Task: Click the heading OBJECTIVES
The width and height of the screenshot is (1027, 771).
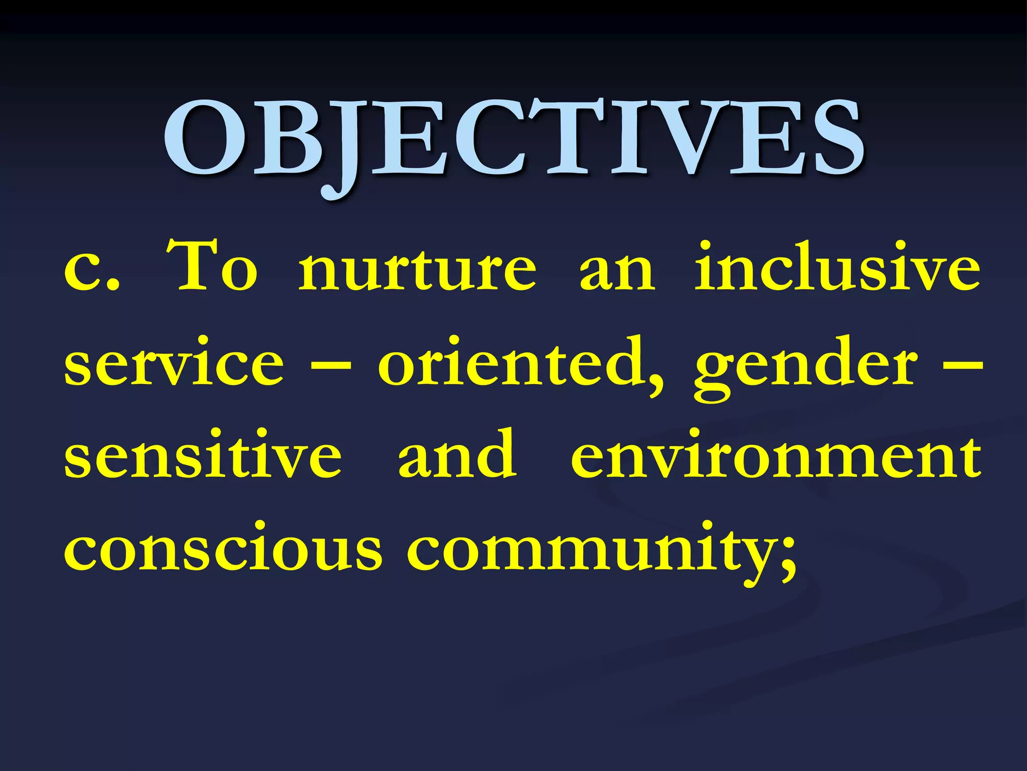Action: coord(513,138)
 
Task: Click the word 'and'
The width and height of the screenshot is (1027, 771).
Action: coord(456,454)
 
